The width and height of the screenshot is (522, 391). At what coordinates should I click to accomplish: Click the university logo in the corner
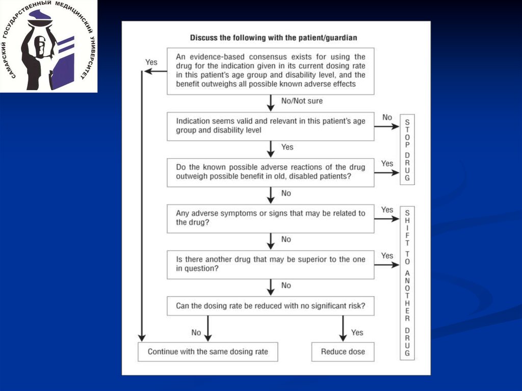point(48,47)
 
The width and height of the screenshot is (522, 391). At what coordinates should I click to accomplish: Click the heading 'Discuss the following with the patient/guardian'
point(273,38)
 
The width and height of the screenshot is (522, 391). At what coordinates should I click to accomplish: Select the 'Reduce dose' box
point(343,352)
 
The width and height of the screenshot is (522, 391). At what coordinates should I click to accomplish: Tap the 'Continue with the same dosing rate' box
point(207,352)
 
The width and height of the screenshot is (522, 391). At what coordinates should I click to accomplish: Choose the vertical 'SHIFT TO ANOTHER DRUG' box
point(407,283)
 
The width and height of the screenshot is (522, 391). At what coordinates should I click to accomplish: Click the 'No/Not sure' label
point(302,101)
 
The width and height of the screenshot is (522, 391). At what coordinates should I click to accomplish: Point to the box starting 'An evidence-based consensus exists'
point(270,71)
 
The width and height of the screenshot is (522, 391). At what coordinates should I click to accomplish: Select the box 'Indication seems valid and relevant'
point(270,126)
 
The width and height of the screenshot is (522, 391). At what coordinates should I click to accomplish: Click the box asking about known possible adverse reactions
point(270,172)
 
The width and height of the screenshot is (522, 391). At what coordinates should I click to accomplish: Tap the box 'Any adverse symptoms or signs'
point(270,218)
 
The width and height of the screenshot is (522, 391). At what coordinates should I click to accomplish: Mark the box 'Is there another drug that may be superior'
point(270,264)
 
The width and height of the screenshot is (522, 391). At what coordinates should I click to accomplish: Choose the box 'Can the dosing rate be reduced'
point(270,306)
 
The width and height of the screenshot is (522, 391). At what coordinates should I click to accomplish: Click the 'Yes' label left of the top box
point(151,62)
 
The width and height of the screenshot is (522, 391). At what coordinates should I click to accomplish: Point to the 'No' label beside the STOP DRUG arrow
point(387,118)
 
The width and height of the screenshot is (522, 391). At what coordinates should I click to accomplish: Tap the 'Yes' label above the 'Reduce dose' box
point(357,332)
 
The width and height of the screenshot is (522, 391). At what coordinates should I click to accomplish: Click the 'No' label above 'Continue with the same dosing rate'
point(196,332)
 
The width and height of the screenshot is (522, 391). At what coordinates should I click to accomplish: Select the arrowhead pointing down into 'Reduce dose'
point(343,337)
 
